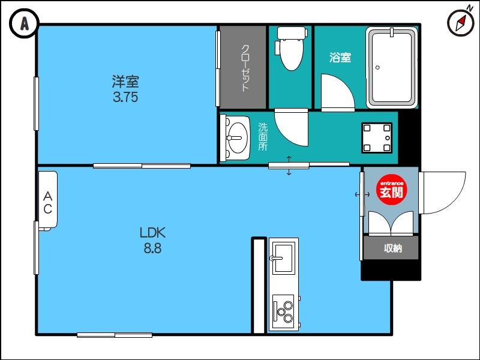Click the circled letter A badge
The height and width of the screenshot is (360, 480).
coord(24,24)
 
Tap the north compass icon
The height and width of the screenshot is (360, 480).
coord(460,23)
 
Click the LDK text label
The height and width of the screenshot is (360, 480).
coord(152,232)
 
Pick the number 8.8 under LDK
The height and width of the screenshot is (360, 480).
coord(152,248)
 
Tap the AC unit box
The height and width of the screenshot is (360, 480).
coord(47,200)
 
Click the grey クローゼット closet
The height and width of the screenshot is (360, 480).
coord(243,67)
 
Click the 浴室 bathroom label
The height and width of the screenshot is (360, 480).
coord(340,58)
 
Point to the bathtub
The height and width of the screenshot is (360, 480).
coord(391,68)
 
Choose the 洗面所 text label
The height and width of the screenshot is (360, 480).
coord(263,137)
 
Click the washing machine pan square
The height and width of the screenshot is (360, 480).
coord(377,138)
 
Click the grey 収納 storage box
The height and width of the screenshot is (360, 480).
coord(391,248)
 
